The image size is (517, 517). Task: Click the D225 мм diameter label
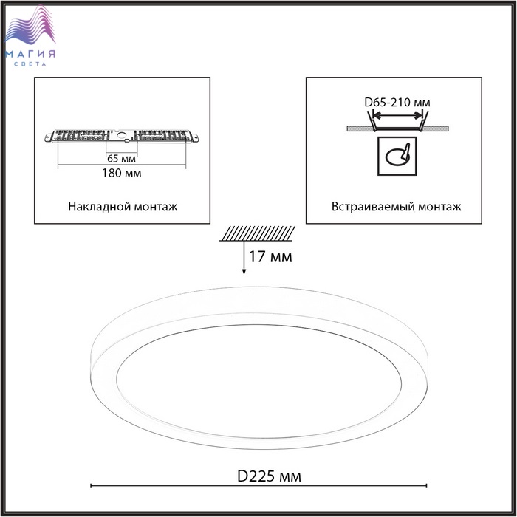[269, 476]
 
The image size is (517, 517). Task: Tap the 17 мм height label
[270, 257]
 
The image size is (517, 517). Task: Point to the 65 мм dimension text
[121, 159]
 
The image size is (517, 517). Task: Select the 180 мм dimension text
[122, 173]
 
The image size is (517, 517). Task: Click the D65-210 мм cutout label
[397, 103]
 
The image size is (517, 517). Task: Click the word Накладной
[95, 207]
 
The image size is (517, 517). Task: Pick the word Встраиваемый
[373, 207]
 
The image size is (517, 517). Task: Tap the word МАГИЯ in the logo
[30, 54]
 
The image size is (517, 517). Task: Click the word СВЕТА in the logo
[30, 64]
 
